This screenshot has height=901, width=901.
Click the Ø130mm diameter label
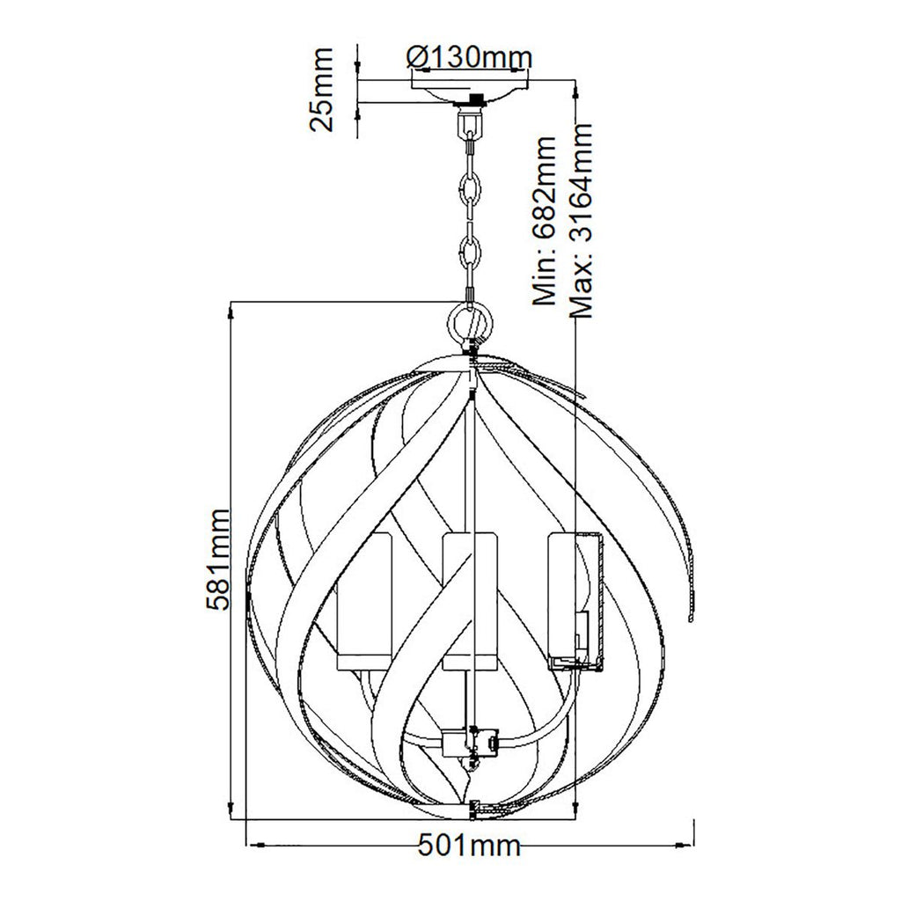(469, 57)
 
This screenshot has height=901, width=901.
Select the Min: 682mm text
(544, 221)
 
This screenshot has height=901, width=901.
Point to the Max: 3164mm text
(580, 221)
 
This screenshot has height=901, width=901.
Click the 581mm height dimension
(219, 559)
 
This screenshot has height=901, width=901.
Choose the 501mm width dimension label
(469, 846)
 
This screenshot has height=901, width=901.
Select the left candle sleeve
(364, 601)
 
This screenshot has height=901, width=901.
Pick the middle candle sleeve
(470, 601)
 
